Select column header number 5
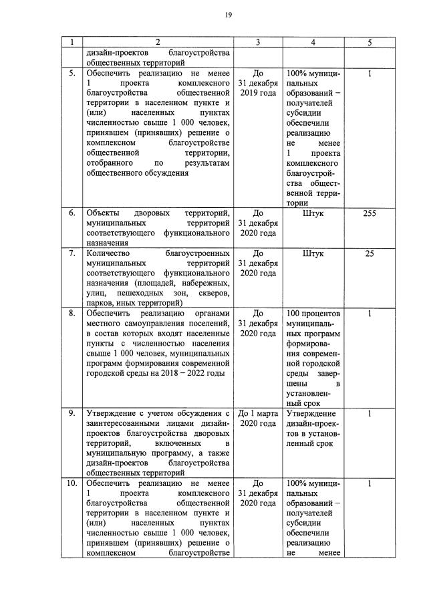pos(369,43)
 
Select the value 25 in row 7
pos(369,254)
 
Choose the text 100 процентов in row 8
pos(313,314)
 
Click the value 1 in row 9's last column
pos(369,413)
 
